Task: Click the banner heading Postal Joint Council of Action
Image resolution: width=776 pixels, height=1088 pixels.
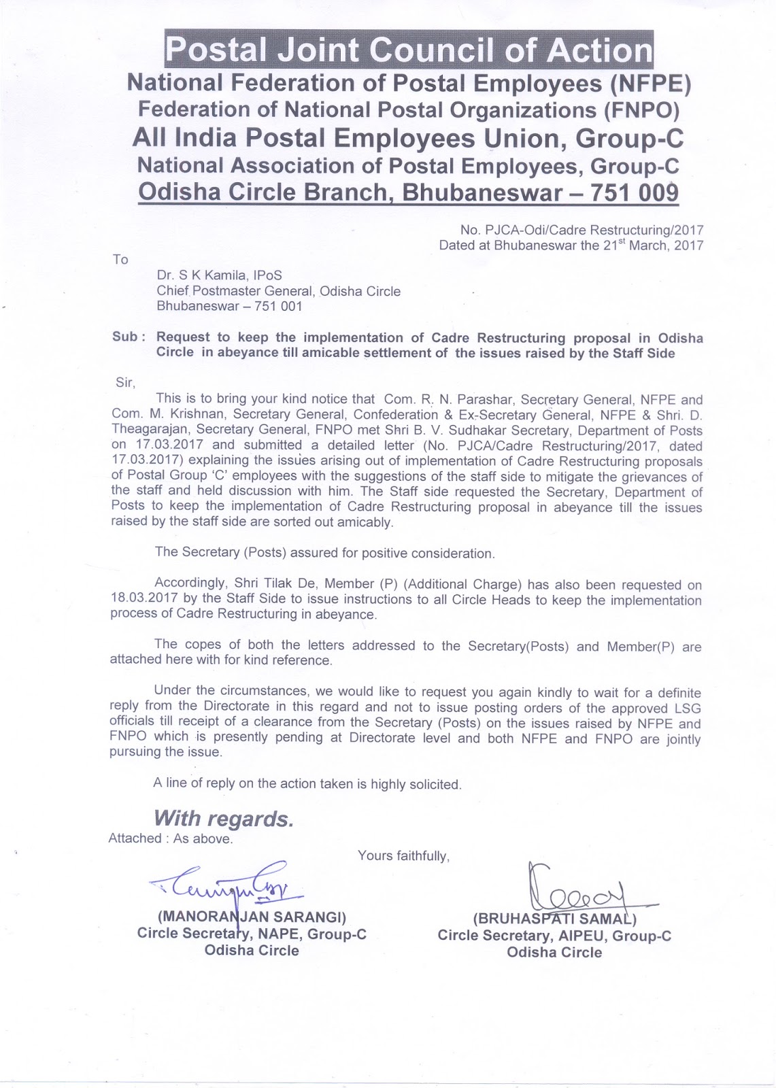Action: click(407, 50)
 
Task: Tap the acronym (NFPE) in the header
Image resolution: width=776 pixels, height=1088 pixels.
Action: click(650, 84)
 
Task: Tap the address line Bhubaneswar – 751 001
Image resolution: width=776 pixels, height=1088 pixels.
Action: click(229, 306)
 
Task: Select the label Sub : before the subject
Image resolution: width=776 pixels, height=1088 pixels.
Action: click(129, 337)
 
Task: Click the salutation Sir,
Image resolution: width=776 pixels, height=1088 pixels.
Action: click(126, 382)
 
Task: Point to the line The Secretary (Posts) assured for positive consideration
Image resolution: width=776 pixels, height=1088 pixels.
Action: click(324, 553)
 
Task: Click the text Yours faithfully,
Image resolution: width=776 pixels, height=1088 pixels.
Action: click(403, 855)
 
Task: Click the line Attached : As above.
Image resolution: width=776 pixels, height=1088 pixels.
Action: click(170, 838)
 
